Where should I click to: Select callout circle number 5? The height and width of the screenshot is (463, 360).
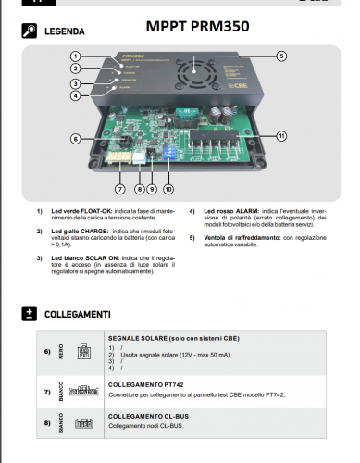(280, 56)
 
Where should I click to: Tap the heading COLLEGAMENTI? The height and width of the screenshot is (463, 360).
(78, 314)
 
